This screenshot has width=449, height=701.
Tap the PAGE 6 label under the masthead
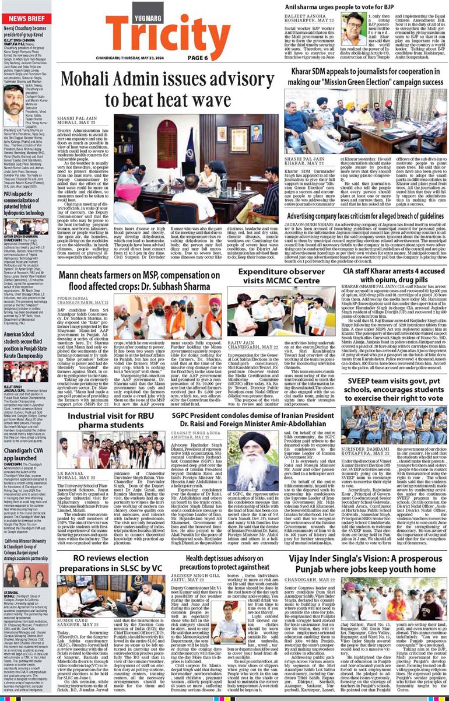tap(199, 57)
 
